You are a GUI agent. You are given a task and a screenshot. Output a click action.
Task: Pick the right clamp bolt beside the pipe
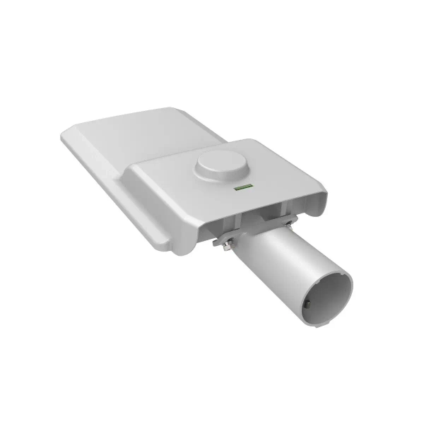289,225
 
